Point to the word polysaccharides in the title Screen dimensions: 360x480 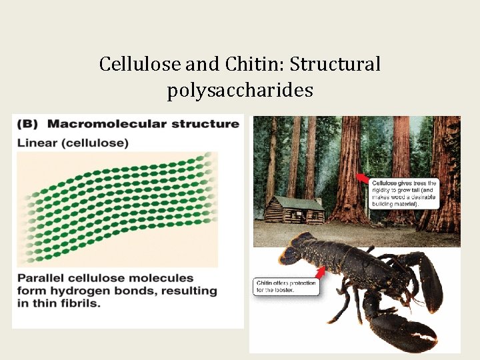240,90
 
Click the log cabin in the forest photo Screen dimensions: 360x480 294,210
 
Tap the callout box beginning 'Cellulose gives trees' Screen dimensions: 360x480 404,193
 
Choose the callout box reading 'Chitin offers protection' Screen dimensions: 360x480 285,287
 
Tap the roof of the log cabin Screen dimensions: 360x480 293,202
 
